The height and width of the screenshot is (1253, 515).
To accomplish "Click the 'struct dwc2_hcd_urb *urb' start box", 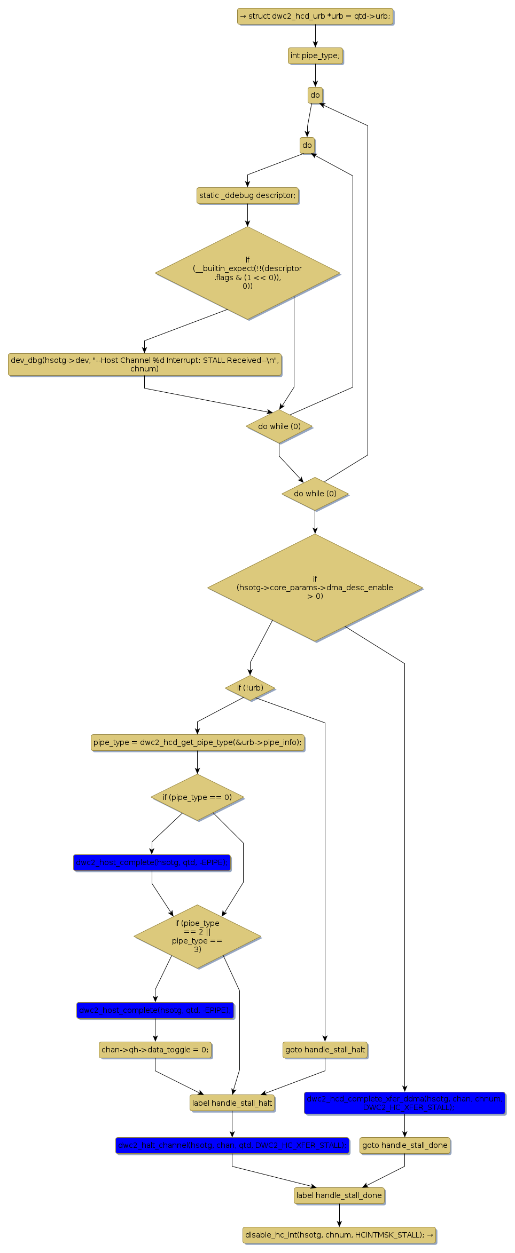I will [x=315, y=16].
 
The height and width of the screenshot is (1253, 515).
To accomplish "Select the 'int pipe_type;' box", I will [x=315, y=55].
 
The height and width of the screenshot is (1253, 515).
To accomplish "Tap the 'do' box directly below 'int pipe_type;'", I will [x=315, y=95].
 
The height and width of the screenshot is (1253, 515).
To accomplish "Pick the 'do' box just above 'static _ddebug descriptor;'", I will [x=307, y=145].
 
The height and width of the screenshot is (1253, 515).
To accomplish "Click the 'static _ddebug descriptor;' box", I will [x=247, y=195].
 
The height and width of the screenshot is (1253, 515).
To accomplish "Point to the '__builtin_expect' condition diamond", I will [x=247, y=273].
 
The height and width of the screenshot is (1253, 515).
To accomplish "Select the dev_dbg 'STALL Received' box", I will [x=145, y=364].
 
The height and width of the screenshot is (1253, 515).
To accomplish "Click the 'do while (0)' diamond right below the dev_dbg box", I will [x=279, y=426].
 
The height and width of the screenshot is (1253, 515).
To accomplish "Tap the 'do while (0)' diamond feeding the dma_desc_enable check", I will [x=315, y=494].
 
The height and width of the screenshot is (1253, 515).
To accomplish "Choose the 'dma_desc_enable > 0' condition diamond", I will [x=315, y=588].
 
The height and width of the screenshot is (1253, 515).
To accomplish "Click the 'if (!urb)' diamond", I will [x=250, y=688].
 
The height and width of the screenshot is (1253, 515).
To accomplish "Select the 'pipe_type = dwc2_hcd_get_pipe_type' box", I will [x=198, y=742].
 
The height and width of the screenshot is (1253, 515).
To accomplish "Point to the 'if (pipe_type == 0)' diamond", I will [x=198, y=797].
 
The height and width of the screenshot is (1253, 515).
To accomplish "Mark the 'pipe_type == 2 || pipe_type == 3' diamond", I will [x=198, y=937].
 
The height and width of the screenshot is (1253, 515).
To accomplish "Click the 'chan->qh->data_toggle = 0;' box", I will [x=155, y=1050].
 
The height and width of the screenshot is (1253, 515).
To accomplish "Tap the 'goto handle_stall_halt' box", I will [x=325, y=1050].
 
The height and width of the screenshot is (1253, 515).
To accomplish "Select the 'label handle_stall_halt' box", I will [x=232, y=1103].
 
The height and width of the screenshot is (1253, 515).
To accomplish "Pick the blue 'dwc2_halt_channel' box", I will [x=232, y=1145].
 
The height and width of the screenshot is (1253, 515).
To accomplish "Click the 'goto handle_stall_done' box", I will [x=405, y=1145].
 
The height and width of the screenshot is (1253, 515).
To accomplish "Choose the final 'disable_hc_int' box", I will [x=339, y=1235].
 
